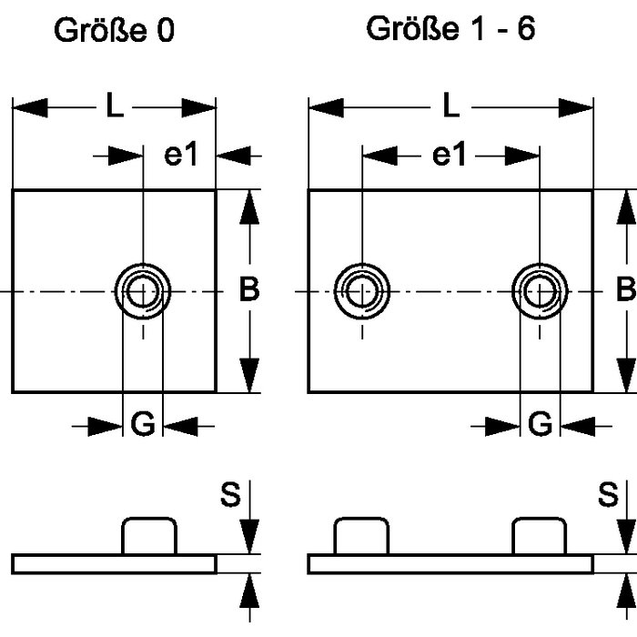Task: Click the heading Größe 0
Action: click(x=114, y=31)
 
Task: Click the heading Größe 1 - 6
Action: click(x=450, y=28)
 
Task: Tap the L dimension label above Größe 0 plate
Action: click(x=113, y=107)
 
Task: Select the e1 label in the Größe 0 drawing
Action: click(x=181, y=155)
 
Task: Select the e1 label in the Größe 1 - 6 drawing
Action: click(x=449, y=155)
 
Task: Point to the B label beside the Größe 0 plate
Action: click(x=248, y=290)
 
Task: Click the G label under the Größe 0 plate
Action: click(x=143, y=424)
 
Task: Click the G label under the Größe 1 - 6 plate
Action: click(x=541, y=424)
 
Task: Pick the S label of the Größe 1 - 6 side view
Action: click(x=608, y=497)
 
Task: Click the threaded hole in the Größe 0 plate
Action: click(x=143, y=292)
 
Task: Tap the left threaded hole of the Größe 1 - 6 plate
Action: click(x=362, y=292)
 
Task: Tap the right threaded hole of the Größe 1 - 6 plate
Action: click(x=541, y=292)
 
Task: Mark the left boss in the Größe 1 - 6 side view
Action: click(x=362, y=536)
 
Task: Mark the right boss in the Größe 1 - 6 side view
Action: click(x=541, y=536)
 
